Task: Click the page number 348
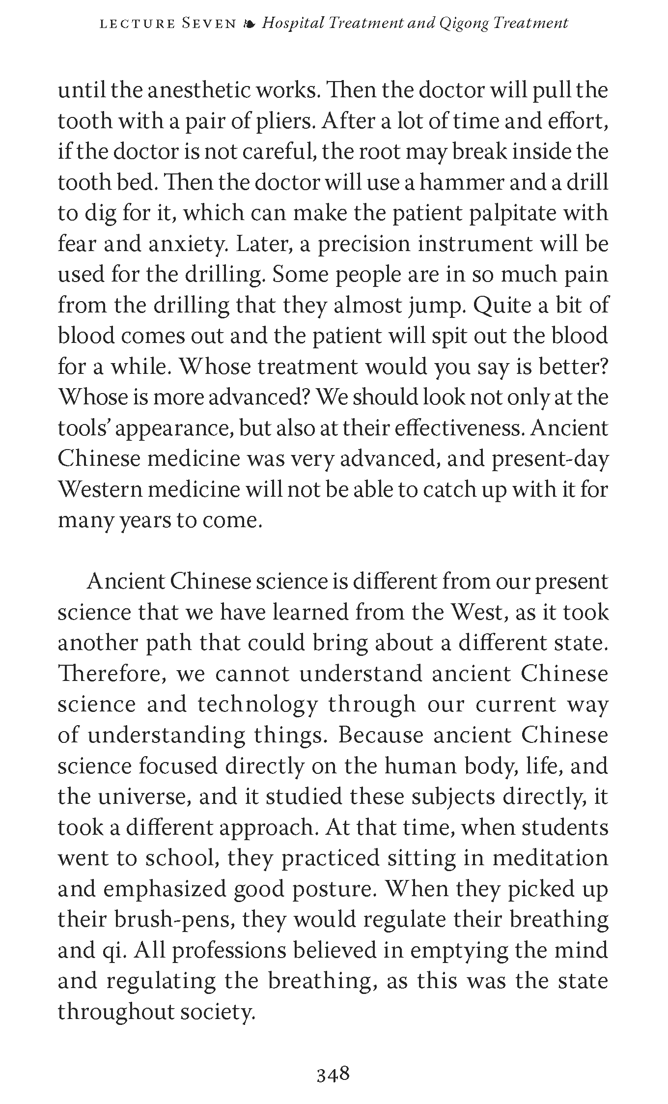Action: tap(333, 1074)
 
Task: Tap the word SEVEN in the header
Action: tap(209, 24)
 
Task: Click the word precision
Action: tap(364, 244)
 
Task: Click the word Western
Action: tap(98, 490)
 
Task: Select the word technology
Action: tap(257, 705)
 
